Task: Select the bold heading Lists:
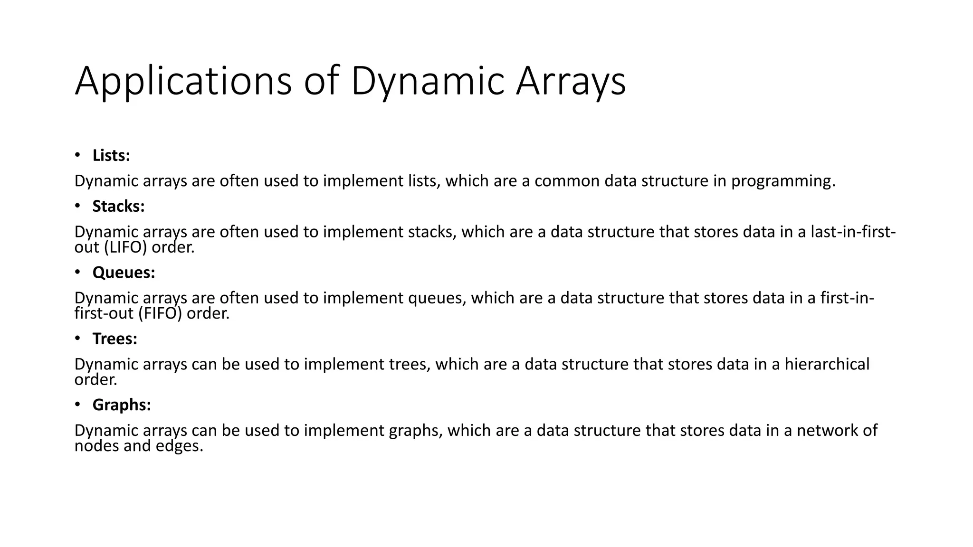[111, 155]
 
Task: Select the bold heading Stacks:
[118, 206]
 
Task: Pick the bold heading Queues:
[124, 272]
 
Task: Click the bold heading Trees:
[114, 339]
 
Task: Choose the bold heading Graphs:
[122, 405]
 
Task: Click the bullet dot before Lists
[78, 155]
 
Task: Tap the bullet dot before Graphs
[78, 405]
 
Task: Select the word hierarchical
[827, 364]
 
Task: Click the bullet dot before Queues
[78, 272]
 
